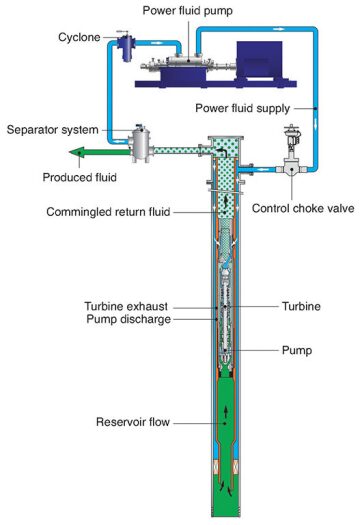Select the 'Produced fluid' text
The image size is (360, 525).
(77, 177)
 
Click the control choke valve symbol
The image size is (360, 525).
(292, 169)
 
